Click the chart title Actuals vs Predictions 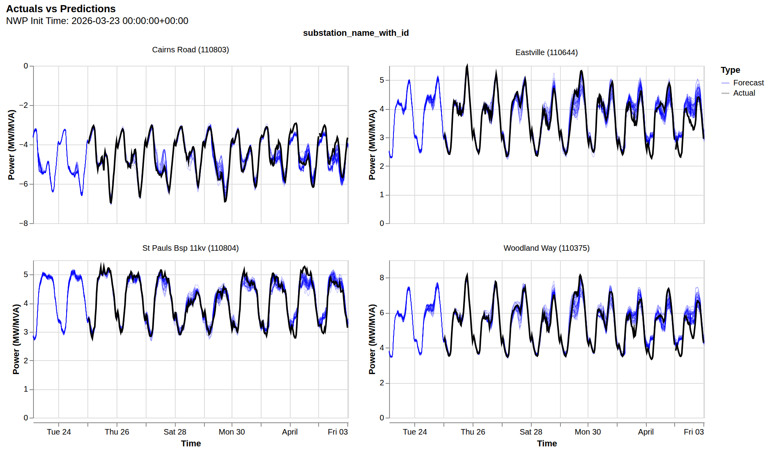pos(61,9)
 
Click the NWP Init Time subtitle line pos(97,21)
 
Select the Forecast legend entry pos(748,83)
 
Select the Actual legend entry pos(744,93)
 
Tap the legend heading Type pos(730,70)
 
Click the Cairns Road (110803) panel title pos(190,50)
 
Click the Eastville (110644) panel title pos(546,52)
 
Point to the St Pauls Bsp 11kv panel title pos(190,248)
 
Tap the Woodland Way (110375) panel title pos(546,248)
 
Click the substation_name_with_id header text pos(356,33)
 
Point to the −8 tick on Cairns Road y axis pos(24,223)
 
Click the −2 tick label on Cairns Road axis pos(24,105)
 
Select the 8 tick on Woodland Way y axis pos(382,278)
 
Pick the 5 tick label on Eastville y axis pos(382,80)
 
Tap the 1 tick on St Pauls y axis pos(26,389)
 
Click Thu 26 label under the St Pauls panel pos(117,432)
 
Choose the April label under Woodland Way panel pos(646,432)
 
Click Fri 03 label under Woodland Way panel pos(693,432)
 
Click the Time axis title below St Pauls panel pos(191,444)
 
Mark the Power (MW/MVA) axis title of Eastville pos(372,144)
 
